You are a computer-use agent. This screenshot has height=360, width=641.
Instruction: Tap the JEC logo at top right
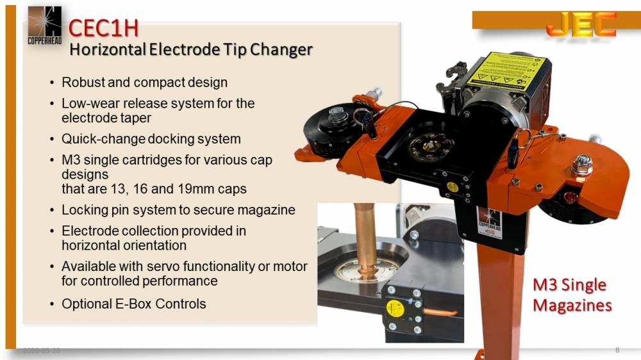pyautogui.click(x=581, y=24)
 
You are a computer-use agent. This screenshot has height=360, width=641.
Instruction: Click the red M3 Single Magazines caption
pyautogui.click(x=572, y=295)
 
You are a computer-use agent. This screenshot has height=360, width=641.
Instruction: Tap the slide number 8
pyautogui.click(x=617, y=350)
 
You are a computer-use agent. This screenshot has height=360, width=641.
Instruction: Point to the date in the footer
pyautogui.click(x=42, y=351)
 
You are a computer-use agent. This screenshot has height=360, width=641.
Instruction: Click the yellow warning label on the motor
pyautogui.click(x=506, y=72)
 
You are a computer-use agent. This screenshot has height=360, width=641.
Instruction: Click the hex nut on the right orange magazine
pyautogui.click(x=581, y=165)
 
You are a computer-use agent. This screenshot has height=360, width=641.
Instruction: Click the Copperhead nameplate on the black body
pyautogui.click(x=488, y=224)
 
